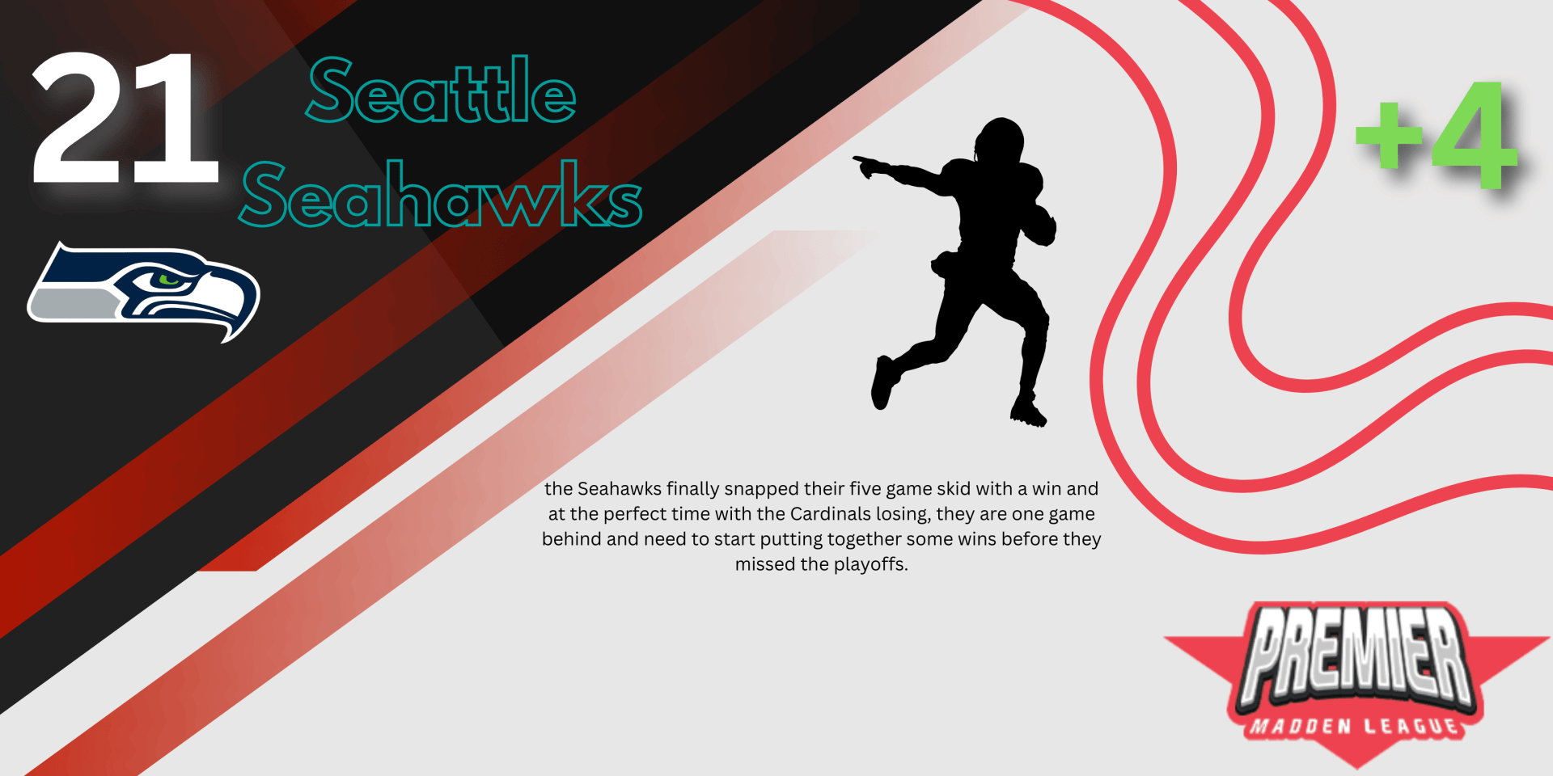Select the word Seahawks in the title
click(x=441, y=194)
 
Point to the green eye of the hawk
click(x=169, y=280)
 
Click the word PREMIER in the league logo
click(x=1357, y=655)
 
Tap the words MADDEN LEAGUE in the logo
click(x=1355, y=726)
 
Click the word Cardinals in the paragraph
click(x=831, y=514)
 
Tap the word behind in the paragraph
click(x=572, y=539)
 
